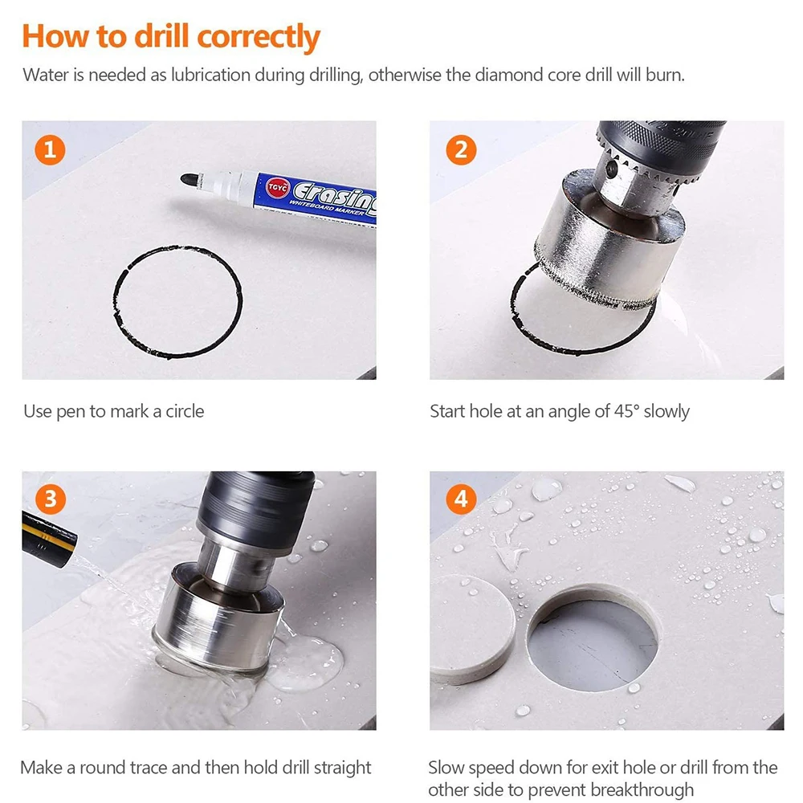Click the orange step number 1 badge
50,150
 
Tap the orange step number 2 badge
461,150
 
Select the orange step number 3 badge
50,499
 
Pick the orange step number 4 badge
461,499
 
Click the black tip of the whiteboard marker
189,180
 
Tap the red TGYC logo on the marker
278,187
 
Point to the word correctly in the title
259,38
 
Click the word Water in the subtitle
45,75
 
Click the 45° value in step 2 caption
622,411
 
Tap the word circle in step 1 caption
185,411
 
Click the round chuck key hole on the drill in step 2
610,169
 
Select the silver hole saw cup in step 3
220,620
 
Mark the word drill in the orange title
162,36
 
